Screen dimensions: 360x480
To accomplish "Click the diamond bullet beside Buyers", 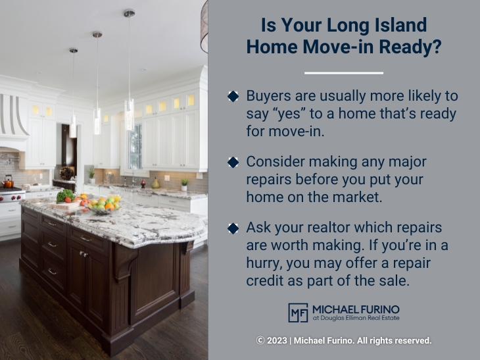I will point(233,96).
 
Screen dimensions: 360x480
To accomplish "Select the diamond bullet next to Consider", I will point(233,161).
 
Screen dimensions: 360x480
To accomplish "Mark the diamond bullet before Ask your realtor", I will point(233,228).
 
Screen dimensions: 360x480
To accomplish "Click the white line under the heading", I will point(343,72).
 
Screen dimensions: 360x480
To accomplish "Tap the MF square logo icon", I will point(298,313).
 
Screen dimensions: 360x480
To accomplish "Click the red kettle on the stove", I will point(9,181).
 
